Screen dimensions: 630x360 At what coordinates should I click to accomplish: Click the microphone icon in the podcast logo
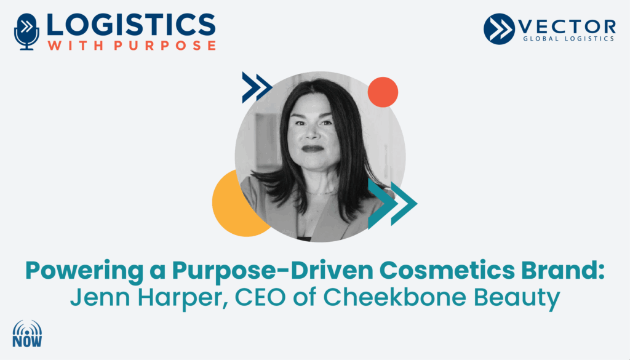(x=26, y=32)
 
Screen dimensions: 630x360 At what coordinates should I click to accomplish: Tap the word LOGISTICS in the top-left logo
(x=131, y=25)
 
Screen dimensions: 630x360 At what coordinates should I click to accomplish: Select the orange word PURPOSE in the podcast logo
(x=165, y=45)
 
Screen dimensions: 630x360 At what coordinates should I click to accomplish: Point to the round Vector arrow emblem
(x=499, y=29)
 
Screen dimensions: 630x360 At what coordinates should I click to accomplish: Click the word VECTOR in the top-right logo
(x=567, y=27)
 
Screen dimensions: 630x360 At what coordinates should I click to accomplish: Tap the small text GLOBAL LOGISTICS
(x=568, y=39)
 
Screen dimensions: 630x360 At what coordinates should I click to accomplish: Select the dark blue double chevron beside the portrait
(x=257, y=87)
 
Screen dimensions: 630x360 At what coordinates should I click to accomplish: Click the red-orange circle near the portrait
(x=383, y=92)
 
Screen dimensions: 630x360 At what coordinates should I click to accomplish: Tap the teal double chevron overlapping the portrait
(x=392, y=204)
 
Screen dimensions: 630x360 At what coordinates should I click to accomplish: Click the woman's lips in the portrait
(x=313, y=148)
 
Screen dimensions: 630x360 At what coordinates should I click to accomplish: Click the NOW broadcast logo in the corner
(x=27, y=334)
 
